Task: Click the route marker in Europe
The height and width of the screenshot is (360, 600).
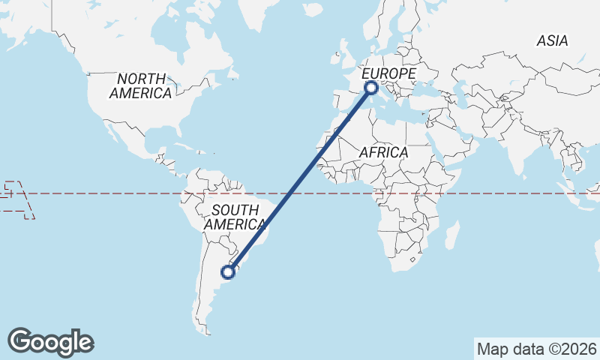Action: click(370, 88)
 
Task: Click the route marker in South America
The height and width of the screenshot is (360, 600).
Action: click(229, 271)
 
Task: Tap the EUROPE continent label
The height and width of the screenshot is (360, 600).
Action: click(388, 73)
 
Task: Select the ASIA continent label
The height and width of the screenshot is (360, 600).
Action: click(552, 41)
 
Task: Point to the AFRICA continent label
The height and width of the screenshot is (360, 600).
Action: click(383, 152)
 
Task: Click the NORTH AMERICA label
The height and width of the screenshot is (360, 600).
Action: click(141, 85)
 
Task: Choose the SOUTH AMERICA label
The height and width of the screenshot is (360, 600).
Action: click(235, 217)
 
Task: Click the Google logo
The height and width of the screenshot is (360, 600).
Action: click(50, 342)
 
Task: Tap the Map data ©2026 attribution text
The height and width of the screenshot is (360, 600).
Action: click(537, 349)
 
